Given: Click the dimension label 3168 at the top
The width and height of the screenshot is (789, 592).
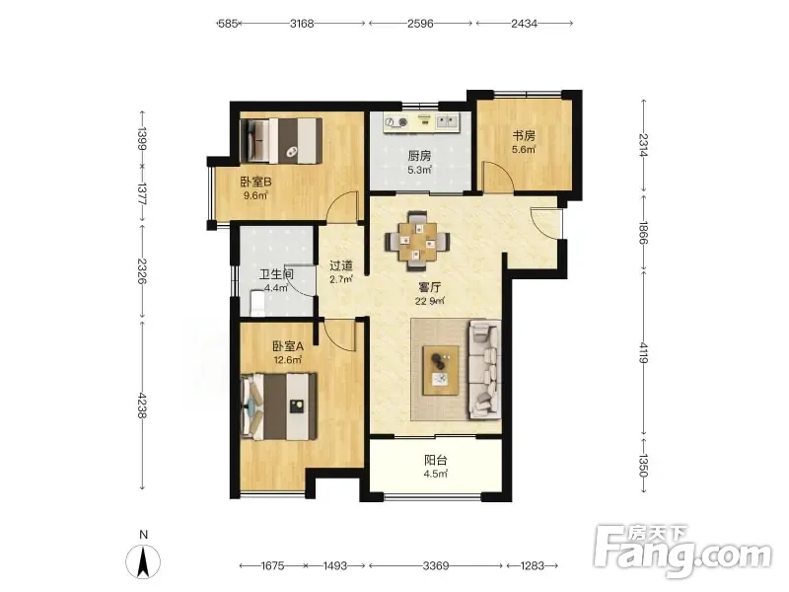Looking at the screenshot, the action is [302, 23].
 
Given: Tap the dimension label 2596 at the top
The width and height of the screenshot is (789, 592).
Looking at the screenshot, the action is [420, 23].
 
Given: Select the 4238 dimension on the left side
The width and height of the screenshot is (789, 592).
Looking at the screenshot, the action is [141, 406].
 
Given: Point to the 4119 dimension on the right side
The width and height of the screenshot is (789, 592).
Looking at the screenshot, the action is [644, 353].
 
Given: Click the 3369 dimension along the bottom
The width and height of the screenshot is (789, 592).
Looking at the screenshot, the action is [436, 565].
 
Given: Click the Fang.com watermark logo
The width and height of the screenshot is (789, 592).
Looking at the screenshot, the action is [682, 552].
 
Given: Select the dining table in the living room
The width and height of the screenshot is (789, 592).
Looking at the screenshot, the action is [417, 242].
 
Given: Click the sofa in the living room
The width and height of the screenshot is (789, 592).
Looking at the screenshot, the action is [485, 369].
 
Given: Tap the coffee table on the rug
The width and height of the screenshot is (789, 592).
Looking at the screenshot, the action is [441, 371].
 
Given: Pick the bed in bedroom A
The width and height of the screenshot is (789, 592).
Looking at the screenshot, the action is [279, 407].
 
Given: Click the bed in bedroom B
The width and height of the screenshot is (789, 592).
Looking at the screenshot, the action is [281, 141].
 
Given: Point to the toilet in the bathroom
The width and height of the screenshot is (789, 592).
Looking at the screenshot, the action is [257, 303].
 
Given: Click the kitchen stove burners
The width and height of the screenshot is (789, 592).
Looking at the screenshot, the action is [396, 122].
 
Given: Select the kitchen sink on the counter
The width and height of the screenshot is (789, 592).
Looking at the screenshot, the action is [447, 120].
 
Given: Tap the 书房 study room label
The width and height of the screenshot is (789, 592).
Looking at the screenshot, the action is [524, 135].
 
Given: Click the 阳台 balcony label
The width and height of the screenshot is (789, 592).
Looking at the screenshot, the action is [436, 460].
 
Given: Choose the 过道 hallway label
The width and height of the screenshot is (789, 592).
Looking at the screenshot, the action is [341, 265].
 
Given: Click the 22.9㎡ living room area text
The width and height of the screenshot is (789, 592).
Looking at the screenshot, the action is [430, 301].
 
